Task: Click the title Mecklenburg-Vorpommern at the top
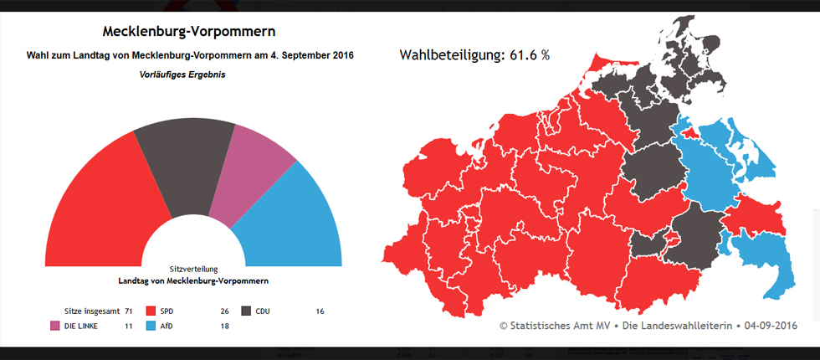point(188,32)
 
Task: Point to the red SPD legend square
point(151,311)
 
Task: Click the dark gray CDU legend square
point(246,311)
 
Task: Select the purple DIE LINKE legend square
point(55,326)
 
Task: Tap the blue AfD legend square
point(151,326)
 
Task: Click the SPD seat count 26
point(224,311)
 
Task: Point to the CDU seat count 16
point(320,311)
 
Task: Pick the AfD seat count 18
point(224,326)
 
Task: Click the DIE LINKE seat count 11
point(129,326)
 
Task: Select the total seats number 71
point(129,311)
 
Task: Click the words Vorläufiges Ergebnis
point(182,75)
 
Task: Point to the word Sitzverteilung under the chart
point(193,270)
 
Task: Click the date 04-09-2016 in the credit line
point(770,326)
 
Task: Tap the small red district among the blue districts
point(688,131)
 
